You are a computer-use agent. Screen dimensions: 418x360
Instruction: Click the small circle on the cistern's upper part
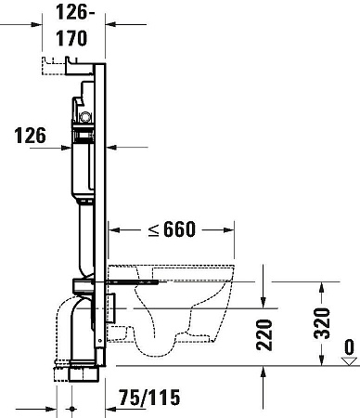coord(86,118)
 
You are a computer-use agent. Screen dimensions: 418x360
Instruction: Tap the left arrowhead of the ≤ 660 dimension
coord(112,229)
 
